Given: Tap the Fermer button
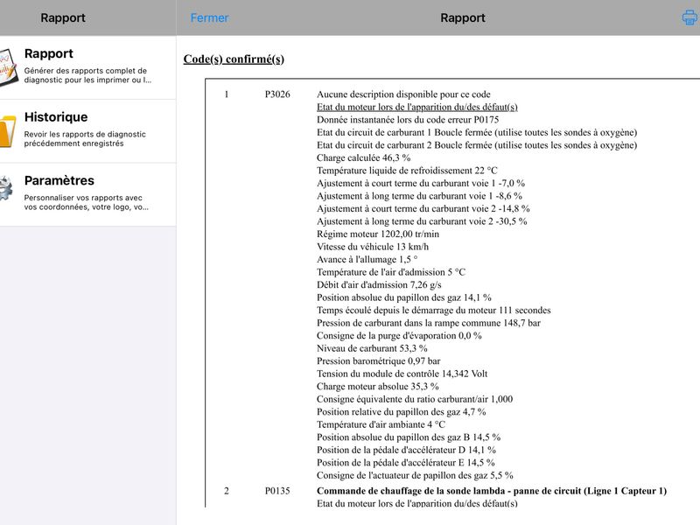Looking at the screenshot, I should point(209,17).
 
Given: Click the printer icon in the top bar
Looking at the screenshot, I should point(689,17).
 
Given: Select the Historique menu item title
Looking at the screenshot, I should point(56,117).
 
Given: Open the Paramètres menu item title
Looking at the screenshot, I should point(59,181).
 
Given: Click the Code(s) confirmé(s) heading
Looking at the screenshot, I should point(234,59).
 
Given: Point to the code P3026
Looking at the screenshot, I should point(277,94).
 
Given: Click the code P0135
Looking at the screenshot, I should point(277,491).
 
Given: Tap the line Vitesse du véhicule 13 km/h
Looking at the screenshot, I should point(373,247).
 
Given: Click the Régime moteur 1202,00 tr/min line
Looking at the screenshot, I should point(378,234).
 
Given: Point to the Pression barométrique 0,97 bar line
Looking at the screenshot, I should point(378,360).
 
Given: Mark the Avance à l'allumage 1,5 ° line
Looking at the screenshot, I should point(367,260).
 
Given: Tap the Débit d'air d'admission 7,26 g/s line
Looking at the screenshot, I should point(379,285).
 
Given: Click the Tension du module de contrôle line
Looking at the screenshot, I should point(402,374).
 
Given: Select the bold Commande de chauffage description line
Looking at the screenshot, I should point(491,491).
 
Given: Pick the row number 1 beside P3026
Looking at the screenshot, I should point(227,94).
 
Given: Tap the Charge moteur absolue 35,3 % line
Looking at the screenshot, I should point(377,386).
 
